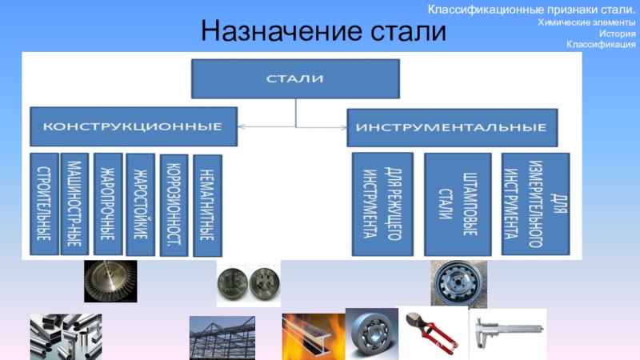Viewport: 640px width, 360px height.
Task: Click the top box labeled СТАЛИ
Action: pyautogui.click(x=295, y=78)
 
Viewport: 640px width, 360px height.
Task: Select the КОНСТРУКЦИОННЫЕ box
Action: pyautogui.click(x=133, y=127)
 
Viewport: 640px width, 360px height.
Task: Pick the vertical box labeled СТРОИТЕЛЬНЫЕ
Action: pyautogui.click(x=44, y=205)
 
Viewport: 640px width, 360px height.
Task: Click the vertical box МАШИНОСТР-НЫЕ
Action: pyautogui.click(x=74, y=203)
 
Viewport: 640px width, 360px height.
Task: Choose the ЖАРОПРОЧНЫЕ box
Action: pyautogui.click(x=107, y=203)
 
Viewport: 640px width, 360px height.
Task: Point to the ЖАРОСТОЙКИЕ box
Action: pyautogui.click(x=140, y=203)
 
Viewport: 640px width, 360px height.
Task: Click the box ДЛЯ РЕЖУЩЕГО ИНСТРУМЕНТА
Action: pyautogui.click(x=382, y=204)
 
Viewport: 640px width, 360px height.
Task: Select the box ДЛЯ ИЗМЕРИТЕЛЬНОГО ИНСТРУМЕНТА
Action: pyautogui.click(x=534, y=204)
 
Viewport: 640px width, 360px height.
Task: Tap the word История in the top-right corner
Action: pyautogui.click(x=617, y=34)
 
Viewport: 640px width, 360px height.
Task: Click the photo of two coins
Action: pyautogui.click(x=248, y=284)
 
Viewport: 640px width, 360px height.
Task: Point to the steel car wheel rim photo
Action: pyautogui.click(x=458, y=282)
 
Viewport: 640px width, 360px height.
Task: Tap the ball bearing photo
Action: pyautogui.click(x=371, y=334)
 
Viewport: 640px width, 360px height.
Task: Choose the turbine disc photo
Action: pyautogui.click(x=110, y=281)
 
